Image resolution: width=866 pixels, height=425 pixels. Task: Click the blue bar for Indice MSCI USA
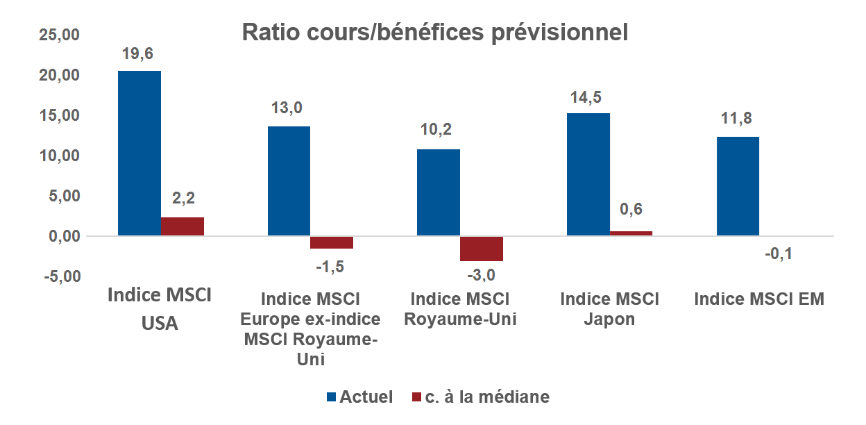click(x=139, y=153)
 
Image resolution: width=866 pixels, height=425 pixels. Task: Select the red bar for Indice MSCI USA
click(x=182, y=227)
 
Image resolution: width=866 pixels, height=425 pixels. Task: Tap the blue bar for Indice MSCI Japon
click(x=588, y=174)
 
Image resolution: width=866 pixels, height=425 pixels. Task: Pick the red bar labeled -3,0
click(x=482, y=249)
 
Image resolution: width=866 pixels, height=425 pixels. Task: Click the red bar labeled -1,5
click(x=332, y=242)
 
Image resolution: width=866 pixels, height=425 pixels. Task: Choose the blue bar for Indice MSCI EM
click(x=738, y=186)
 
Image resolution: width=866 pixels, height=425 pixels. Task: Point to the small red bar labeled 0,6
click(x=631, y=233)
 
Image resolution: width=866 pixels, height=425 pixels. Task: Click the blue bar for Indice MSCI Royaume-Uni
click(x=439, y=192)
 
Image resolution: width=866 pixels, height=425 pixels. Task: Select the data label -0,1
click(x=779, y=253)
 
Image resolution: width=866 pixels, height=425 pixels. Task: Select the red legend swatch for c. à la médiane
click(x=416, y=397)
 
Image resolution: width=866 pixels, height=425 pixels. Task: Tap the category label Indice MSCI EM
click(x=759, y=299)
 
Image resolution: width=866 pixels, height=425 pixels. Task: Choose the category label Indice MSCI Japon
click(x=610, y=310)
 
